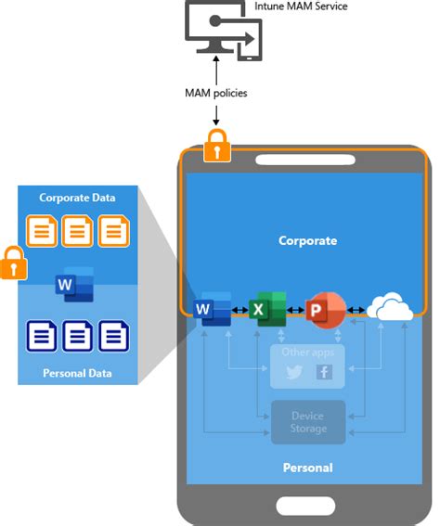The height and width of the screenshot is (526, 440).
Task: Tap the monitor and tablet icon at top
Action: point(224,33)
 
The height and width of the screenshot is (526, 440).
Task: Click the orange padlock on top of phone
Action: point(216,146)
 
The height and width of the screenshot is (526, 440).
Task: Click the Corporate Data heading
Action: point(77,198)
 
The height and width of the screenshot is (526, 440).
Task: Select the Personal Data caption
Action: point(77,373)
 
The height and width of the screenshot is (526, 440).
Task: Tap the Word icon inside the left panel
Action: point(74,284)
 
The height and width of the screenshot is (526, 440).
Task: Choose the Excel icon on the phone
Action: point(268,309)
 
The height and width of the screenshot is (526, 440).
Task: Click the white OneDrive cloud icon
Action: point(390,309)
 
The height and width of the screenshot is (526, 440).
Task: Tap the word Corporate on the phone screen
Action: point(307,241)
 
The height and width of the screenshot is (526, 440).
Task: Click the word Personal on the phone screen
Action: point(307,468)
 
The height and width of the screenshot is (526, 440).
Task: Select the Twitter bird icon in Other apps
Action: point(293,372)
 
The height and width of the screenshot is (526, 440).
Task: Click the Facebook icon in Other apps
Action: point(324,372)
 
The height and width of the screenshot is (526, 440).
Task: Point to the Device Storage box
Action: point(307,422)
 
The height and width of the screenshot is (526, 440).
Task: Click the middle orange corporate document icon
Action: point(77,231)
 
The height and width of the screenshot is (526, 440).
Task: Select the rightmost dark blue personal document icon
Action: point(114,335)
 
